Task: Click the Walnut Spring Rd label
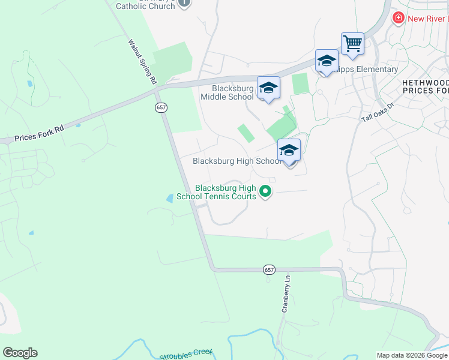[142, 61]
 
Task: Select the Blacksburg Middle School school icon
[268, 88]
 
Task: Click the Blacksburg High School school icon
[289, 151]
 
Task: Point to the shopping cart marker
[352, 44]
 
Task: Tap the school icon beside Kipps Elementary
[327, 61]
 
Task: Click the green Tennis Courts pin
[265, 192]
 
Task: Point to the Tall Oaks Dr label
[377, 113]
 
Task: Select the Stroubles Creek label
[186, 355]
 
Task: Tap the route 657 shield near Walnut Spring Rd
[160, 107]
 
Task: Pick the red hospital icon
[398, 19]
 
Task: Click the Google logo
[20, 353]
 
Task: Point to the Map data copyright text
[412, 355]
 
